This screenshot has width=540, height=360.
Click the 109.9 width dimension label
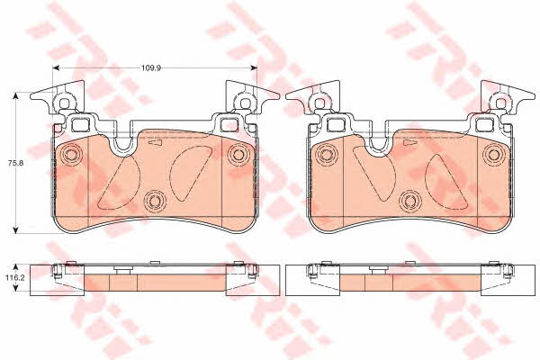point(151,67)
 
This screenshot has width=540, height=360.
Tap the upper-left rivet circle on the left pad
point(70,154)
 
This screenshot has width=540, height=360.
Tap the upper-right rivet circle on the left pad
point(238,154)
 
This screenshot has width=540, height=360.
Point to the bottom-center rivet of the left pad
point(154,201)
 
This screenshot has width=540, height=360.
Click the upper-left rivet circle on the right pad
point(326,154)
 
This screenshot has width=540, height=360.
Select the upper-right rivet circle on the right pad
point(493,154)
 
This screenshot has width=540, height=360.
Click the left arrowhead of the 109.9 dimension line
point(56,67)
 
